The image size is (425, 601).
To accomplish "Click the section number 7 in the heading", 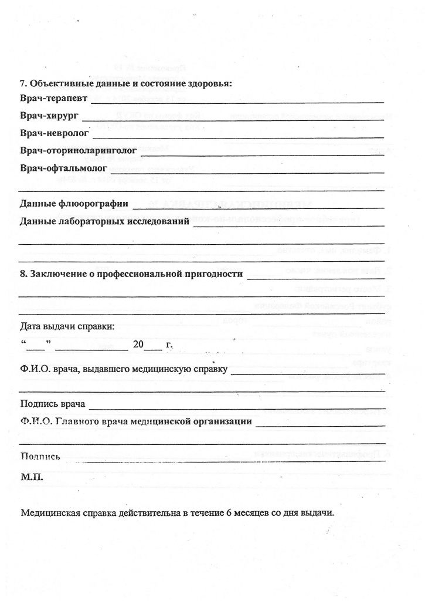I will (x=23, y=83).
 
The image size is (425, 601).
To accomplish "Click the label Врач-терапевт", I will (x=53, y=99).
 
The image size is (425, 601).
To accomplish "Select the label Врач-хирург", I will (x=49, y=116).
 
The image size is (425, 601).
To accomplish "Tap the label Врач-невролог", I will (x=54, y=134).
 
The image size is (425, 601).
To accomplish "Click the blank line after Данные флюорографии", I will (x=258, y=207).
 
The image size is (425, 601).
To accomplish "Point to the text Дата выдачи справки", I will (x=67, y=326).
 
